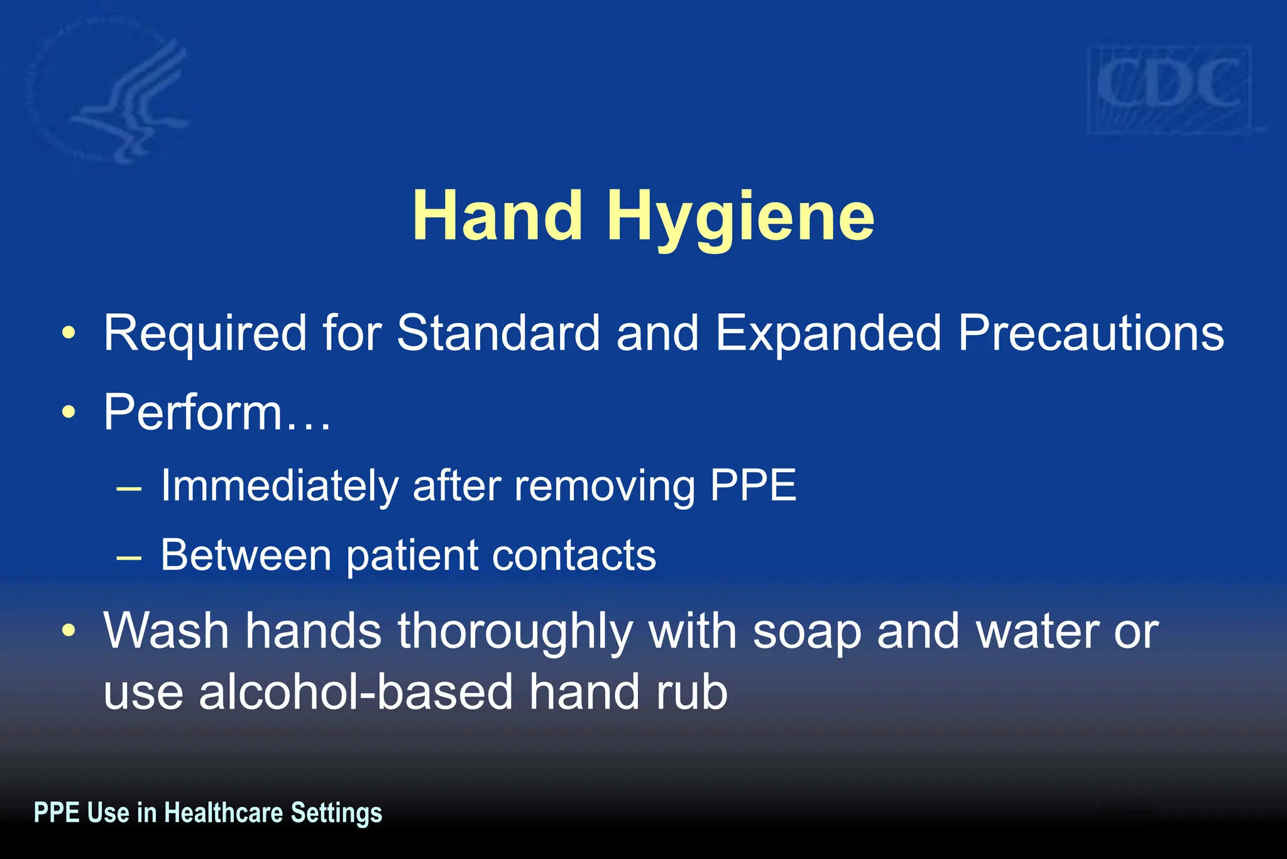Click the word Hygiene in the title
[x=740, y=217]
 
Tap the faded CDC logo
[x=1169, y=88]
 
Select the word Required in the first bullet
[x=205, y=333]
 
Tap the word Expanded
[x=828, y=333]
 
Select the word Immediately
[x=280, y=485]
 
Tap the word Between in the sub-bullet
[x=246, y=555]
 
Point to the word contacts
[x=574, y=555]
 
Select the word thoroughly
[x=515, y=632]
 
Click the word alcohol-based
[x=356, y=692]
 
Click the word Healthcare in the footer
[x=224, y=812]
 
